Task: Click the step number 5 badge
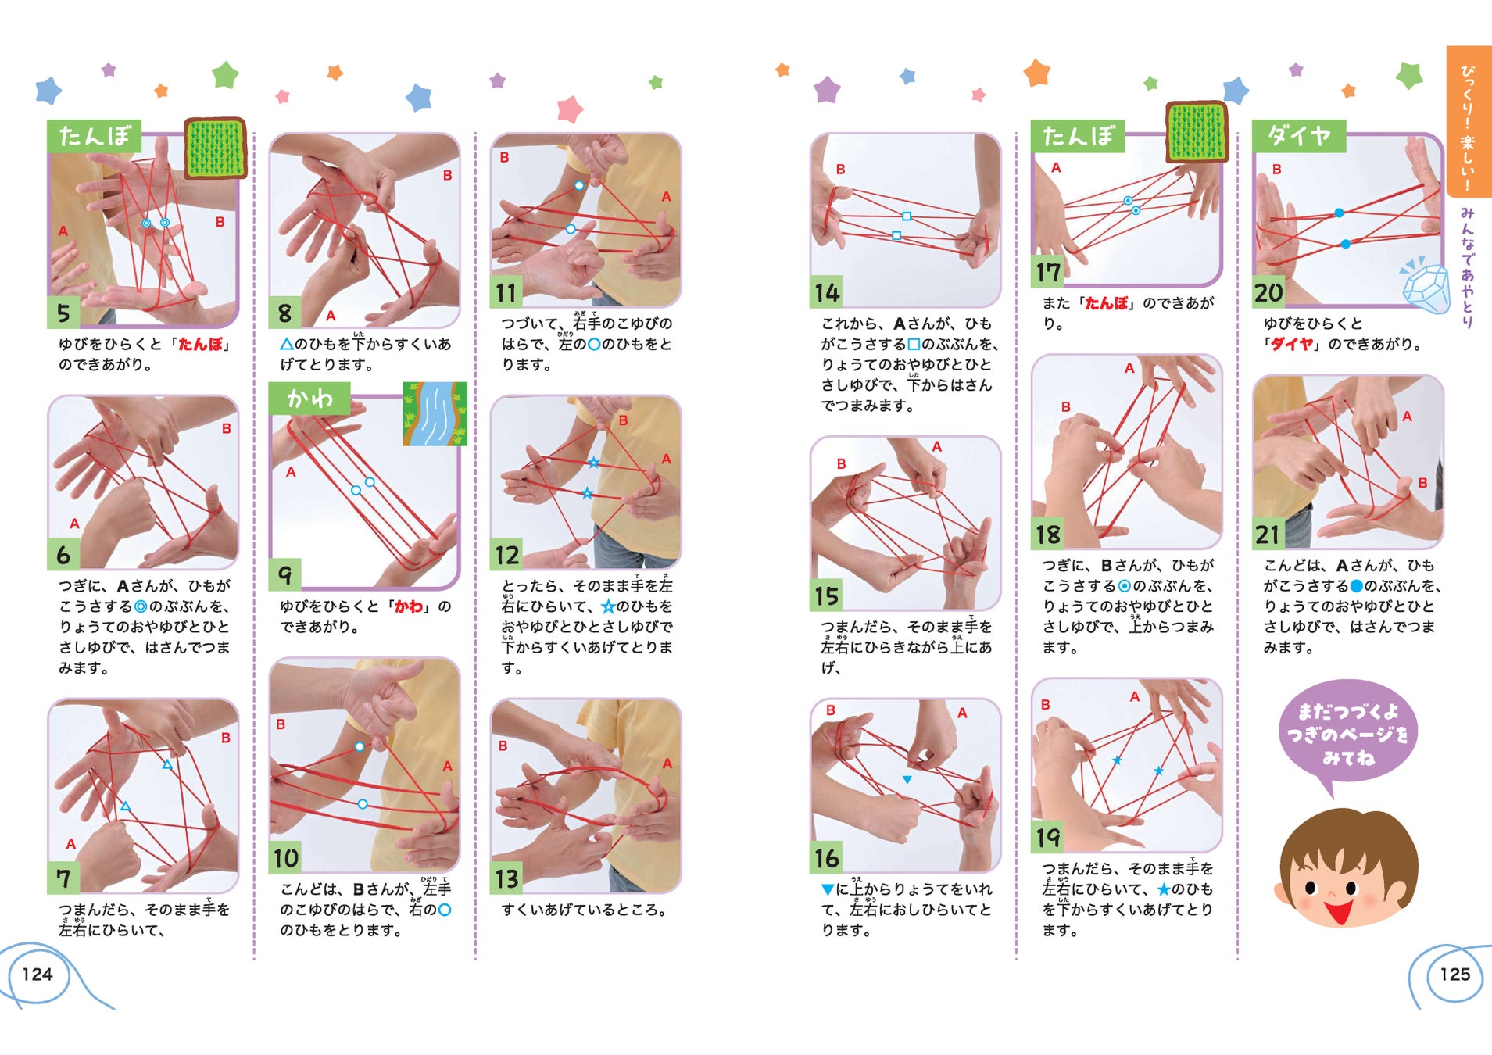click(64, 312)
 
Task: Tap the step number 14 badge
click(827, 291)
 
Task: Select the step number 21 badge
click(1268, 534)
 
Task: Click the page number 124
click(38, 974)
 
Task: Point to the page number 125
click(1454, 974)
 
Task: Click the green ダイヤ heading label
click(1298, 136)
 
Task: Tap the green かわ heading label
click(309, 399)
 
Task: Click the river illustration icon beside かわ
click(435, 413)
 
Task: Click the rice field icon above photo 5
click(216, 148)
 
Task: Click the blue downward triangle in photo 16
click(907, 780)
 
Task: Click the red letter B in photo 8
click(447, 175)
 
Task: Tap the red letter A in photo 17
click(1056, 167)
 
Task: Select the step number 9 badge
click(285, 574)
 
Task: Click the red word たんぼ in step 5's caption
click(200, 344)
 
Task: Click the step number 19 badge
click(1048, 837)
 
